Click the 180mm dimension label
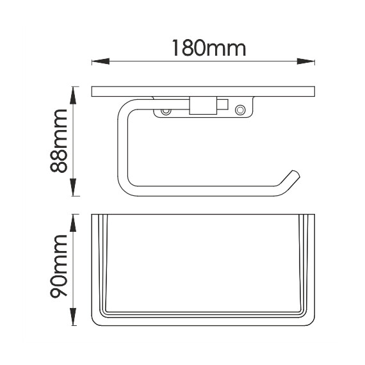click(x=209, y=48)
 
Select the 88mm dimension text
click(x=59, y=141)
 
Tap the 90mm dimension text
click(x=59, y=266)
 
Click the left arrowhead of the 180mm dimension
click(x=101, y=61)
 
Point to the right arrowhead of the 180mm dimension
click(x=306, y=61)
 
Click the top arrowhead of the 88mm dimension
click(x=74, y=95)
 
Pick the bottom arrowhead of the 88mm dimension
click(x=74, y=187)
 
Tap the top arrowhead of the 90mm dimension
click(x=74, y=223)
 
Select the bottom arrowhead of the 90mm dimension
click(x=74, y=316)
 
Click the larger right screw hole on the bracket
click(x=240, y=109)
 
